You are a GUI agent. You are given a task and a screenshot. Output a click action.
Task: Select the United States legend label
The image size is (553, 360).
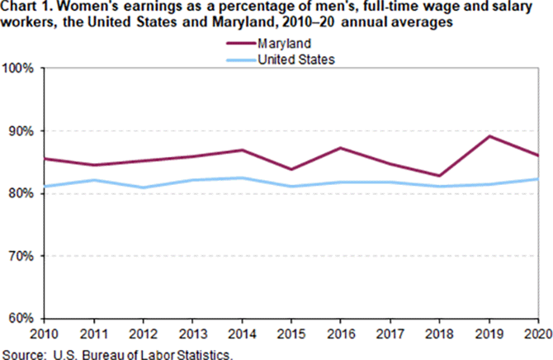[x=296, y=59]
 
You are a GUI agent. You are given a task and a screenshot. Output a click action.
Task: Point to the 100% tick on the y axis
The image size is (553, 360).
[x=18, y=69]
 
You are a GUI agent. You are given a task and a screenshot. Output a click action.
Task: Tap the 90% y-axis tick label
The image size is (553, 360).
[x=21, y=131]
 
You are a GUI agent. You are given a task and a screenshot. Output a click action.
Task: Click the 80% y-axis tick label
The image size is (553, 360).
[x=21, y=193]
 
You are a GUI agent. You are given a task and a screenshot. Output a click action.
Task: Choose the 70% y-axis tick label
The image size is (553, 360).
[x=21, y=256]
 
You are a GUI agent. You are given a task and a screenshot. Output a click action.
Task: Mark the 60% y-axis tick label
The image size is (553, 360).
[x=21, y=318]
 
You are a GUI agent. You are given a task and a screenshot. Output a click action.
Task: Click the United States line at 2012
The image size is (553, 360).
[x=142, y=187]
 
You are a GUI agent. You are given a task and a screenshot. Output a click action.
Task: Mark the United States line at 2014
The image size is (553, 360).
[x=242, y=178]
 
